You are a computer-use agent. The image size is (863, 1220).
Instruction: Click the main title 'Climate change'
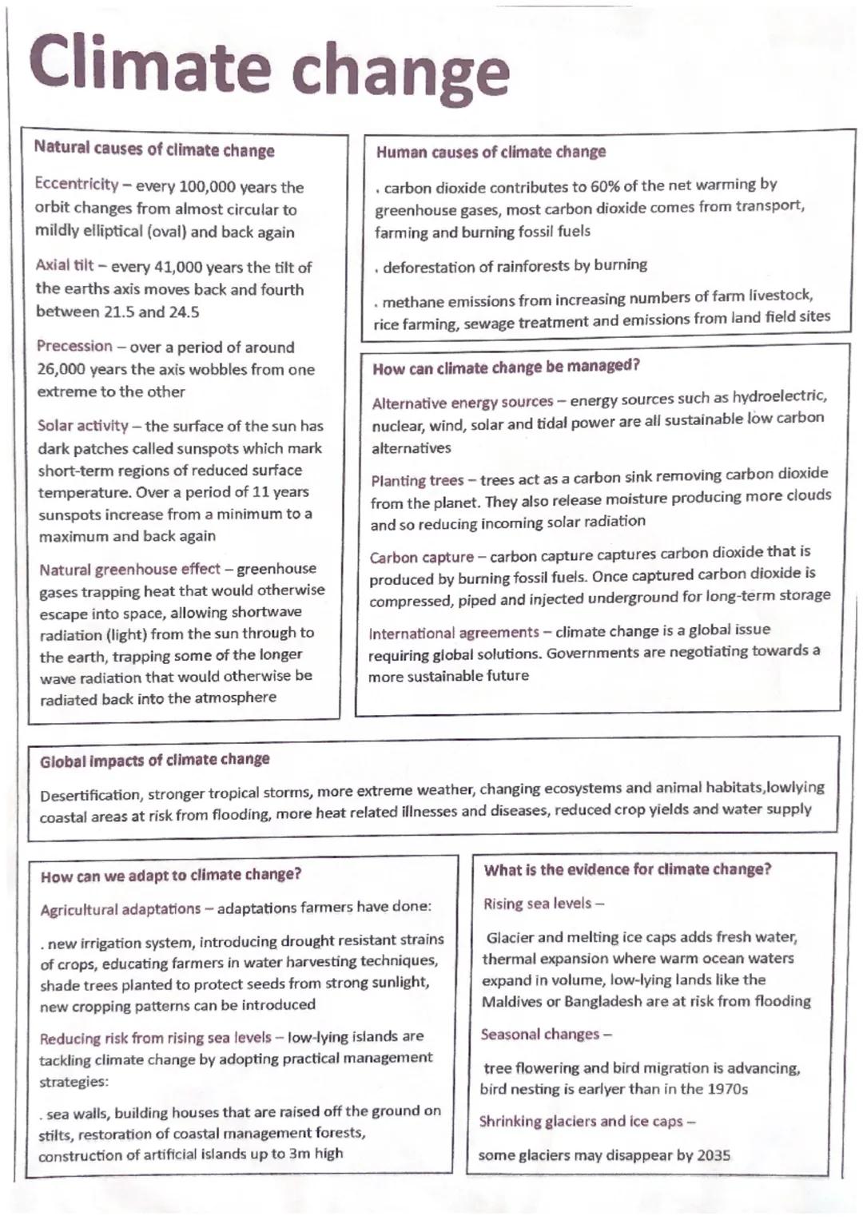tap(268, 66)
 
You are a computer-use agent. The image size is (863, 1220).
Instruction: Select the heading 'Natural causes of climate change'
tap(154, 149)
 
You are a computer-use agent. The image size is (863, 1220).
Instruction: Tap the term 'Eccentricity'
tap(77, 184)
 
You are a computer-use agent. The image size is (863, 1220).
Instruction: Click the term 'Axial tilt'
tap(65, 265)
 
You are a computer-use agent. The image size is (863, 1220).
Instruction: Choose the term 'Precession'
tap(74, 346)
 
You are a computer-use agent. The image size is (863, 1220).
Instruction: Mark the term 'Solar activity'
tap(83, 426)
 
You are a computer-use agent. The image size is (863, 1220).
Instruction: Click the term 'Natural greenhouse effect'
tap(129, 569)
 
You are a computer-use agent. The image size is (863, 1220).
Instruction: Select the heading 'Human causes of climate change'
tap(491, 152)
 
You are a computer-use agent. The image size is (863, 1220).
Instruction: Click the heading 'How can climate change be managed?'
tap(506, 367)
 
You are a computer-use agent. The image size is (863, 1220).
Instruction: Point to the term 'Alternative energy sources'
tap(463, 402)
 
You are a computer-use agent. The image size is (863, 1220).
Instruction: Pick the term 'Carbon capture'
tap(422, 557)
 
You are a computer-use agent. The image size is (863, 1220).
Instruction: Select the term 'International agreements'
tap(454, 633)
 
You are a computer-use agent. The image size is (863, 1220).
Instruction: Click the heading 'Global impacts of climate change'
tap(155, 760)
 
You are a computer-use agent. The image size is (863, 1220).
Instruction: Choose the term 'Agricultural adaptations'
tap(121, 909)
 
